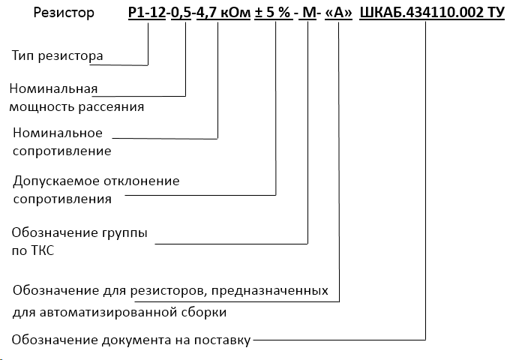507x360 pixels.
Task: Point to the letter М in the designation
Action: [x=307, y=13]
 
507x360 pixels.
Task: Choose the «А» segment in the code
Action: [x=339, y=13]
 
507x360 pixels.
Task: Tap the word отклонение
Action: [x=142, y=181]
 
